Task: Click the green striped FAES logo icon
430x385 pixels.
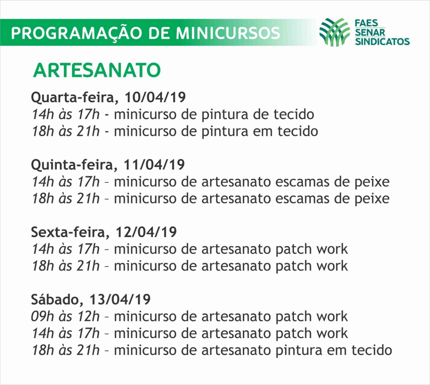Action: click(x=335, y=32)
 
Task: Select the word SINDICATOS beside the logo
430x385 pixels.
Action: click(x=382, y=42)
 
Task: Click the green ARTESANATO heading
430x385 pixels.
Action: click(x=97, y=70)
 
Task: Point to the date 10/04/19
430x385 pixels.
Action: click(x=155, y=97)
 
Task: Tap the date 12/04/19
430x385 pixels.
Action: click(x=146, y=232)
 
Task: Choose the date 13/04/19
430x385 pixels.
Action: click(x=120, y=299)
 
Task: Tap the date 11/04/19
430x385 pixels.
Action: click(x=154, y=165)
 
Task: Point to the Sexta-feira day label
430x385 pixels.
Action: click(x=70, y=232)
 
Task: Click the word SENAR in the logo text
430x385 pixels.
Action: click(x=370, y=33)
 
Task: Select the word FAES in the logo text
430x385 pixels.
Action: click(x=366, y=23)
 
